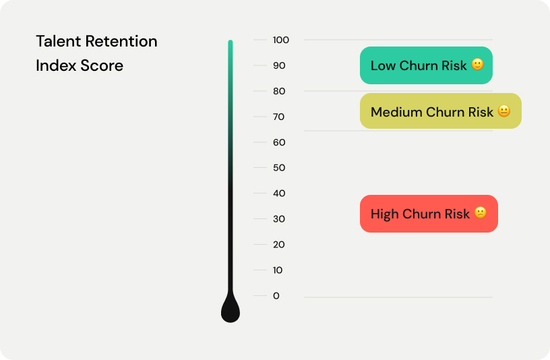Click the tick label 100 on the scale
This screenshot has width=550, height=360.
(x=281, y=40)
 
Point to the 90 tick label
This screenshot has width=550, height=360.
(x=279, y=65)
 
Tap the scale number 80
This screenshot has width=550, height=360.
(x=279, y=91)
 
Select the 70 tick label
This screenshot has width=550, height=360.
(x=279, y=117)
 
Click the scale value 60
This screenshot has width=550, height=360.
(x=279, y=142)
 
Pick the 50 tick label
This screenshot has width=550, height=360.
(x=279, y=168)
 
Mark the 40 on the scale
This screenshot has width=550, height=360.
(x=279, y=193)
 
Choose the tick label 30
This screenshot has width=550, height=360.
(x=279, y=219)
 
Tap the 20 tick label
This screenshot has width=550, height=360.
(x=279, y=245)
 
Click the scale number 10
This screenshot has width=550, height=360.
(x=278, y=270)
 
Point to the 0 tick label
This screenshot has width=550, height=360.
(x=276, y=296)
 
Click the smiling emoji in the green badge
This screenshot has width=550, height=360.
(x=477, y=65)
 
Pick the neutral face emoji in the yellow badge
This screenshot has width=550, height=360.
(x=504, y=111)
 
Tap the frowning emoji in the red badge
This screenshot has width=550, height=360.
(x=480, y=213)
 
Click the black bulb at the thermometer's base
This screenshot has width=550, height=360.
(x=231, y=311)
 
